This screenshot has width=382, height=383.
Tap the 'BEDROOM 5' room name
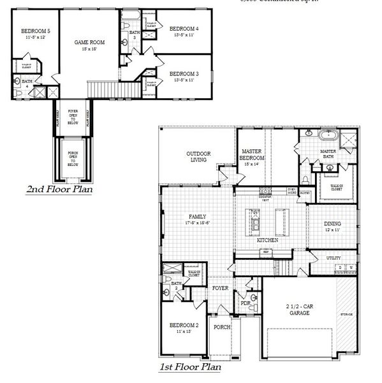[31, 31]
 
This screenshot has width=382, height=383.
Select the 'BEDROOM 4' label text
[184, 29]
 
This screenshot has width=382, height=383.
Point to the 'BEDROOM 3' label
[184, 74]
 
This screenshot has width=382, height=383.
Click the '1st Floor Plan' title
[190, 367]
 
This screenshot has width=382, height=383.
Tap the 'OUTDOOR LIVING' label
[198, 157]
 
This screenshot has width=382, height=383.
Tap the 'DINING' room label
[332, 224]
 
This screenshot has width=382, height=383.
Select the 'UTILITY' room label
[333, 258]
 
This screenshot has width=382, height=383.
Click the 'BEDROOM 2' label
[184, 326]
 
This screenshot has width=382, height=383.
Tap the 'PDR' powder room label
[244, 303]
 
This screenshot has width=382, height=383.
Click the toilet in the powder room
[253, 297]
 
